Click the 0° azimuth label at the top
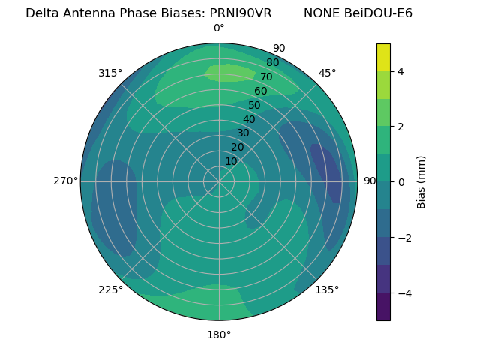(219, 28)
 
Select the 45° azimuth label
(328, 73)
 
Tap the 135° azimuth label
(327, 289)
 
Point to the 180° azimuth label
(219, 334)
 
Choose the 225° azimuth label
(110, 289)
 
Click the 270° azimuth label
(65, 181)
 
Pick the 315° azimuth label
(110, 73)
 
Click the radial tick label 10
(231, 161)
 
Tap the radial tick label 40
(249, 119)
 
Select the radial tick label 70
(266, 77)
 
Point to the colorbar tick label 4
(401, 71)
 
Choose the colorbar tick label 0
(401, 181)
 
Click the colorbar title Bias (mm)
(421, 181)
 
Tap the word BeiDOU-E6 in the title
(379, 13)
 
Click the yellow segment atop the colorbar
(383, 57)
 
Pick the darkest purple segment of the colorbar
(383, 307)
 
